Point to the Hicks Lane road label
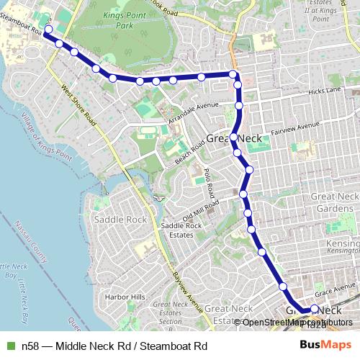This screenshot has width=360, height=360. tap(323, 91)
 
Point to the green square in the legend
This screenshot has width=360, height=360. tap(9, 346)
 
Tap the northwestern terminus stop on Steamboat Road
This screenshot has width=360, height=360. tap(48, 30)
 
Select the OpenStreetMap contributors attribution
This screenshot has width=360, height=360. tap(295, 323)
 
